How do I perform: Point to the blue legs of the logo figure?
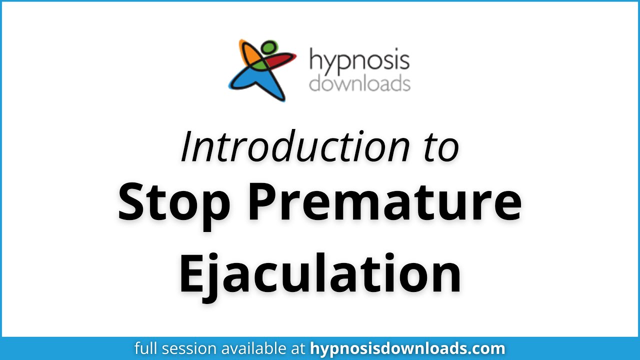pos(252,82)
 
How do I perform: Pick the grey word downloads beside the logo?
pos(359,83)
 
